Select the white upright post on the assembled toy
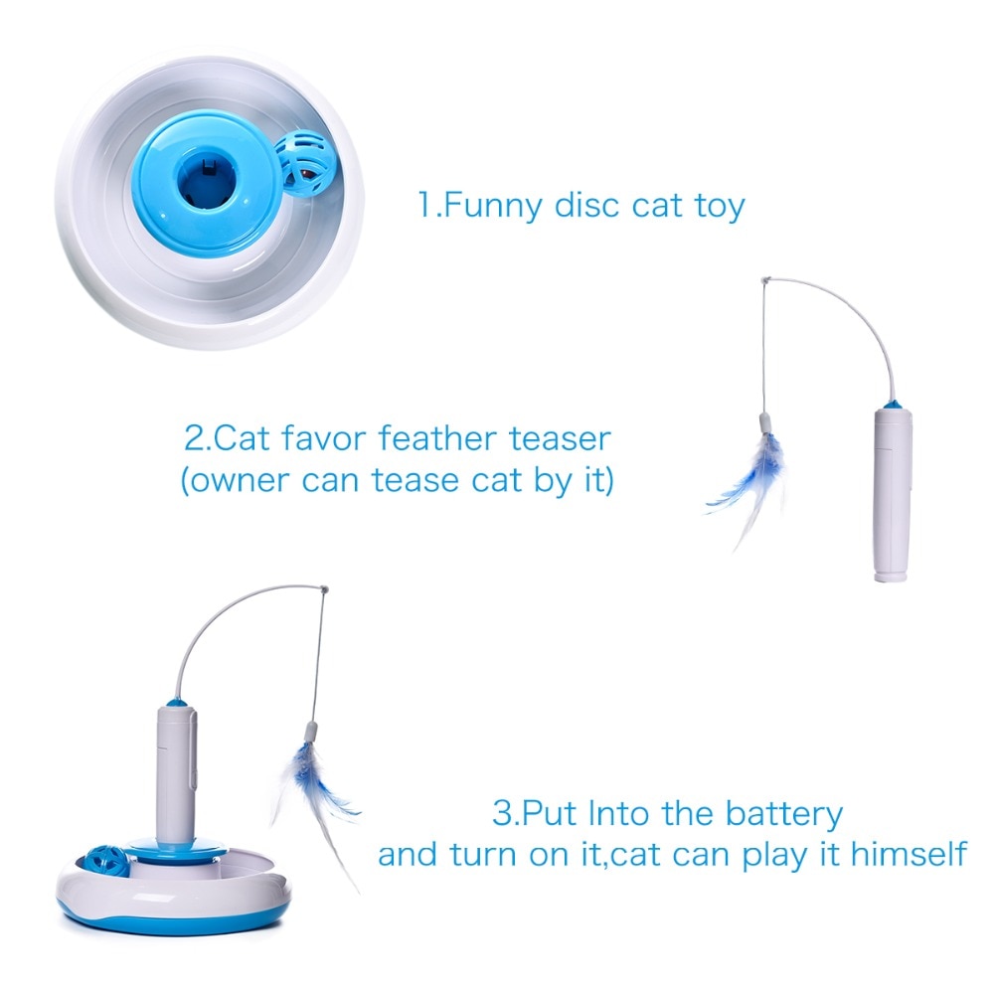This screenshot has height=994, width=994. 175,765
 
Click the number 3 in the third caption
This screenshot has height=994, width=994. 501,814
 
